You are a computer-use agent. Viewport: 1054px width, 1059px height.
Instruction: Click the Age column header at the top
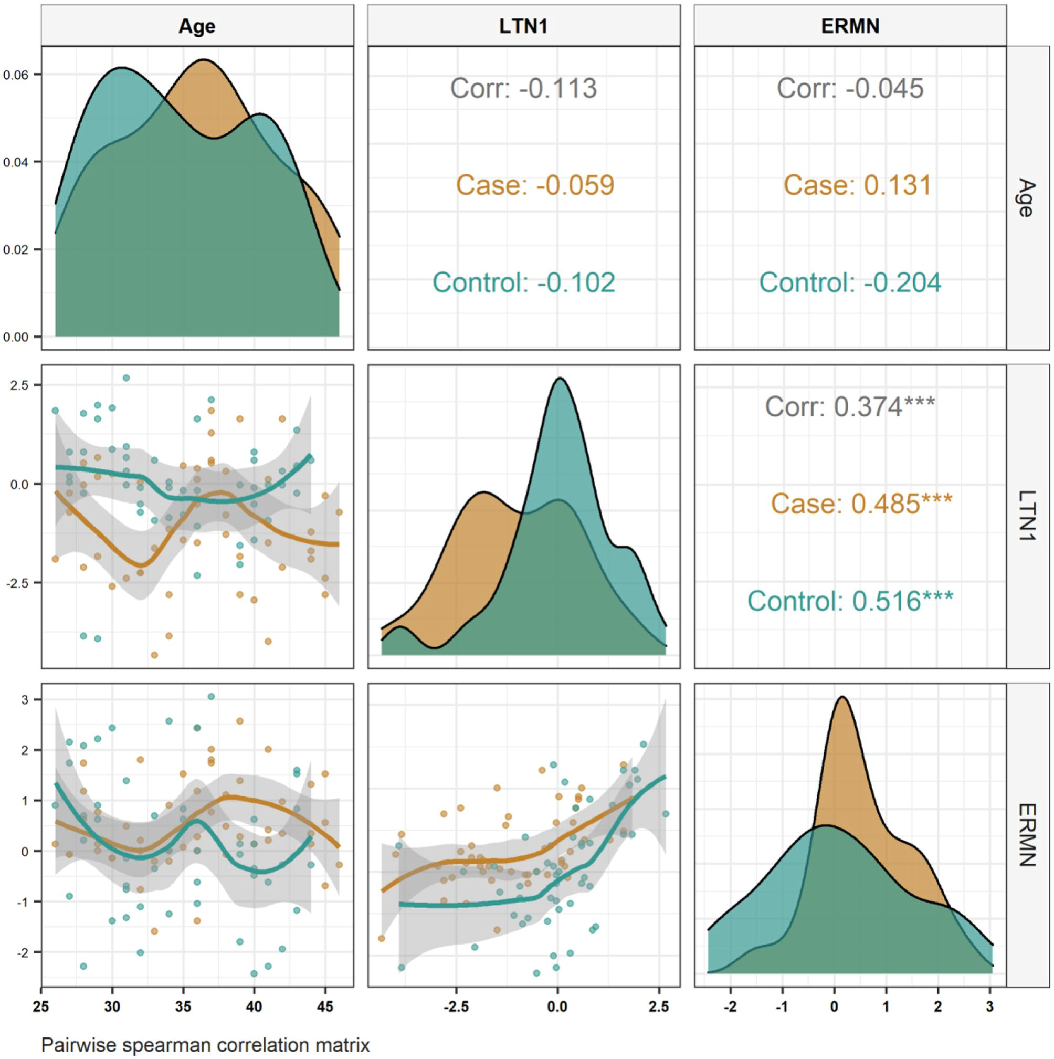click(x=197, y=26)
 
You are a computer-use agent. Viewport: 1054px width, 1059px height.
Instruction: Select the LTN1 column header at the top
click(x=523, y=26)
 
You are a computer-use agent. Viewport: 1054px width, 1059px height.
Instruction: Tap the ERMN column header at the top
click(x=850, y=26)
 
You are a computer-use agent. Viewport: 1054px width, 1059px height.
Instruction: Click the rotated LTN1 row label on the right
click(x=1027, y=516)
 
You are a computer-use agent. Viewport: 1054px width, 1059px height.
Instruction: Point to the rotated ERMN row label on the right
click(x=1027, y=834)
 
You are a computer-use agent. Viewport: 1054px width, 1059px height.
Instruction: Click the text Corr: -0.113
click(x=523, y=88)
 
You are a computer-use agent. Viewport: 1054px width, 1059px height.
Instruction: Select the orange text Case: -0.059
click(x=535, y=185)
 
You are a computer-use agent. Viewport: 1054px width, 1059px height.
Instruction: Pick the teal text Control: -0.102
click(x=523, y=282)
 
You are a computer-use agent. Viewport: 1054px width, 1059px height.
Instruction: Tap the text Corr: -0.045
click(x=850, y=88)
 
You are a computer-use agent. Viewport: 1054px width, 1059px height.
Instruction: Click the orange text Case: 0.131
click(x=857, y=185)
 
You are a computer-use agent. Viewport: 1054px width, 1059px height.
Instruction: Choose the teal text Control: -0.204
click(x=850, y=282)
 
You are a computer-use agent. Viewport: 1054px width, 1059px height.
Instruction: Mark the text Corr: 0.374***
click(x=850, y=407)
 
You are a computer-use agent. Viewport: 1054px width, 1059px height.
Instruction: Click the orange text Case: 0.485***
click(x=861, y=503)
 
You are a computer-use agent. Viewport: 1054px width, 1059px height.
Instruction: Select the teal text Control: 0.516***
click(x=850, y=601)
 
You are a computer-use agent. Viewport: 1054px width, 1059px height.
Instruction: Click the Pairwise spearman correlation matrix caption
click(x=206, y=1045)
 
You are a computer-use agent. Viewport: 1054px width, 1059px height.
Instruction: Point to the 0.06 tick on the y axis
click(x=16, y=75)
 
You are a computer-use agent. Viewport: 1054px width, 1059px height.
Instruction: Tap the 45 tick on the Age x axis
click(x=325, y=1007)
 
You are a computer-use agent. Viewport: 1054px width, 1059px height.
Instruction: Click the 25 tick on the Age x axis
click(x=41, y=1007)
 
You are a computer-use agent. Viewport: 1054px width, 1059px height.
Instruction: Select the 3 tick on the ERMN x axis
click(x=990, y=1007)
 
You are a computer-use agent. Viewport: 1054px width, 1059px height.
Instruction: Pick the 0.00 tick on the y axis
click(x=16, y=337)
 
